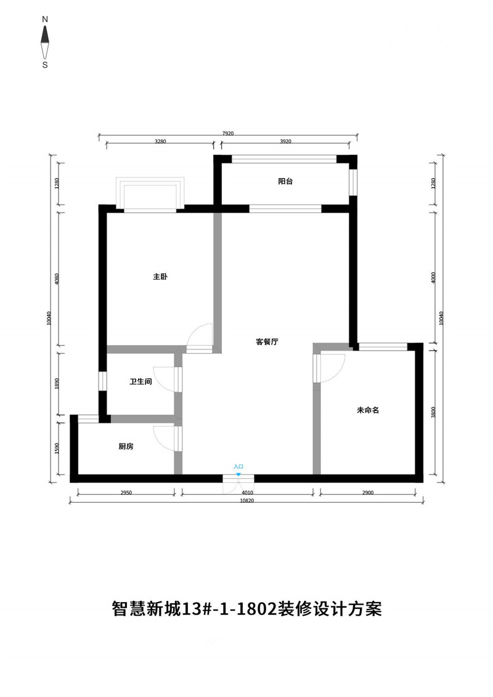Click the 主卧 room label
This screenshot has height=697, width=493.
160,277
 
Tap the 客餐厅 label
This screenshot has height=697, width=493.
267,341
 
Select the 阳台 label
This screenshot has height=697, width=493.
285,181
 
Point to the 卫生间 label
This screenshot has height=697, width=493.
141,381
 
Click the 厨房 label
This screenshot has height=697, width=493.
126,446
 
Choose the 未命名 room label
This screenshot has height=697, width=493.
368,410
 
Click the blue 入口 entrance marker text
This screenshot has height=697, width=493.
238,467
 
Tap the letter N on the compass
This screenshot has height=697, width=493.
45,20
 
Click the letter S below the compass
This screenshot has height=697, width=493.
45,65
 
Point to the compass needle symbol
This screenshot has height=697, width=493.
45,43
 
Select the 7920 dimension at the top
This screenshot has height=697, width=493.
228,133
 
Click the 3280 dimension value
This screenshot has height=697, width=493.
160,141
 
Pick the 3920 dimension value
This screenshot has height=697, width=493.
285,141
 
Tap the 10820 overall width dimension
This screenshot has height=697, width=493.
246,500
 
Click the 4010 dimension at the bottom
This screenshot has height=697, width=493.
247,492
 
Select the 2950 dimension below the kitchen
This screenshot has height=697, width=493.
126,492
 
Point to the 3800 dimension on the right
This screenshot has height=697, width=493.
433,412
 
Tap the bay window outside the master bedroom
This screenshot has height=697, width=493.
150,195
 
